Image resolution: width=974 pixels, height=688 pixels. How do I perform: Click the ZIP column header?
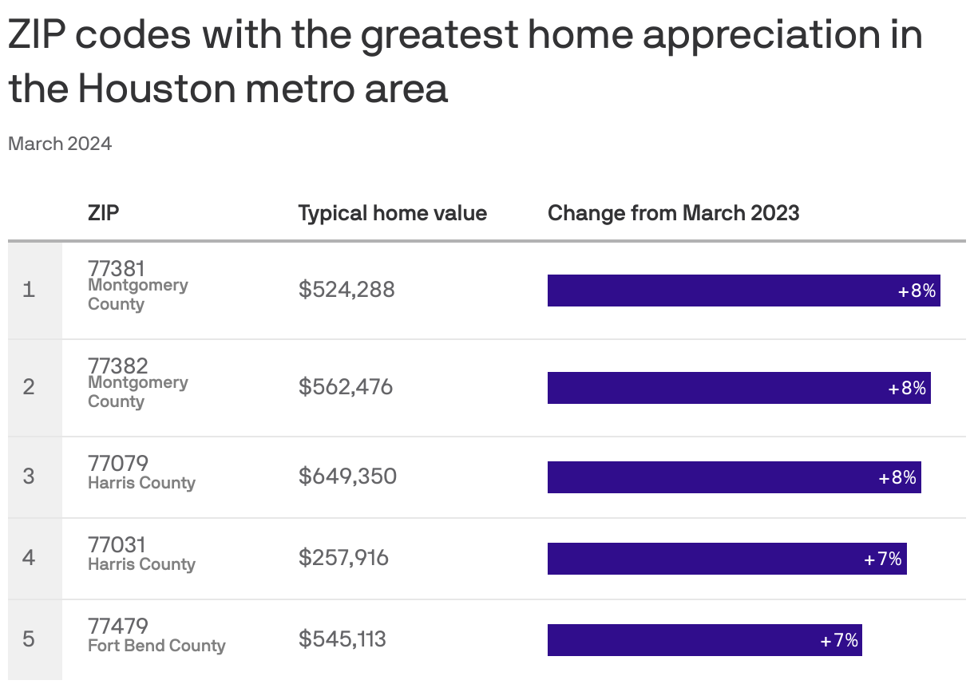click(x=104, y=213)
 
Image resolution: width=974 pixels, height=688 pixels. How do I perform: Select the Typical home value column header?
click(x=392, y=213)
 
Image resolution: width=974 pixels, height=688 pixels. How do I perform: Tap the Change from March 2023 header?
click(x=673, y=213)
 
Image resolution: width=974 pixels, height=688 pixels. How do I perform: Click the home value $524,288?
click(x=346, y=289)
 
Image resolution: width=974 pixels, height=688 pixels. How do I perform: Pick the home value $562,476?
click(x=346, y=387)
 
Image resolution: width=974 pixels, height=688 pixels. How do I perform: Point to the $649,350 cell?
click(x=347, y=476)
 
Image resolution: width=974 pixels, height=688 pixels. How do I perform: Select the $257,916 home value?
click(x=343, y=557)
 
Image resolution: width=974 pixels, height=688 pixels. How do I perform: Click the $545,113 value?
click(x=342, y=639)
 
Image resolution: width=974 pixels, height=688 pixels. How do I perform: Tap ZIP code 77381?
click(x=117, y=268)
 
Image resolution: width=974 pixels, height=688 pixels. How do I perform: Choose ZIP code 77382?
click(x=118, y=366)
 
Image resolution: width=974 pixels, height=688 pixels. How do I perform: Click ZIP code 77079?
click(x=118, y=463)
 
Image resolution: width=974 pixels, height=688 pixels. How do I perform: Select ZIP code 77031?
click(x=117, y=544)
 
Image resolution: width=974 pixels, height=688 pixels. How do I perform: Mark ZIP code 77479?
click(x=118, y=626)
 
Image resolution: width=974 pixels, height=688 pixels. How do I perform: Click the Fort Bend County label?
click(x=156, y=646)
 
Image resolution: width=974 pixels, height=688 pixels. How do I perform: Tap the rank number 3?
click(x=29, y=476)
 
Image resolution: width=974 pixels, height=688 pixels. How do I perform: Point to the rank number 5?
click(x=29, y=639)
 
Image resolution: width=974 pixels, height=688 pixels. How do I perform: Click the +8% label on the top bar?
click(x=917, y=291)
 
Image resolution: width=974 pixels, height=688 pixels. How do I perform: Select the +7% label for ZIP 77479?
click(x=839, y=640)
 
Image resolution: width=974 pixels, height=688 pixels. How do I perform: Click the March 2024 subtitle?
click(x=60, y=144)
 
